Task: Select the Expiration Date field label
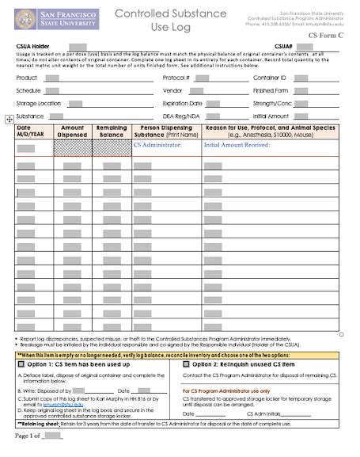pos(183,103)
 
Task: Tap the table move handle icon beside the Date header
pos(8,118)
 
